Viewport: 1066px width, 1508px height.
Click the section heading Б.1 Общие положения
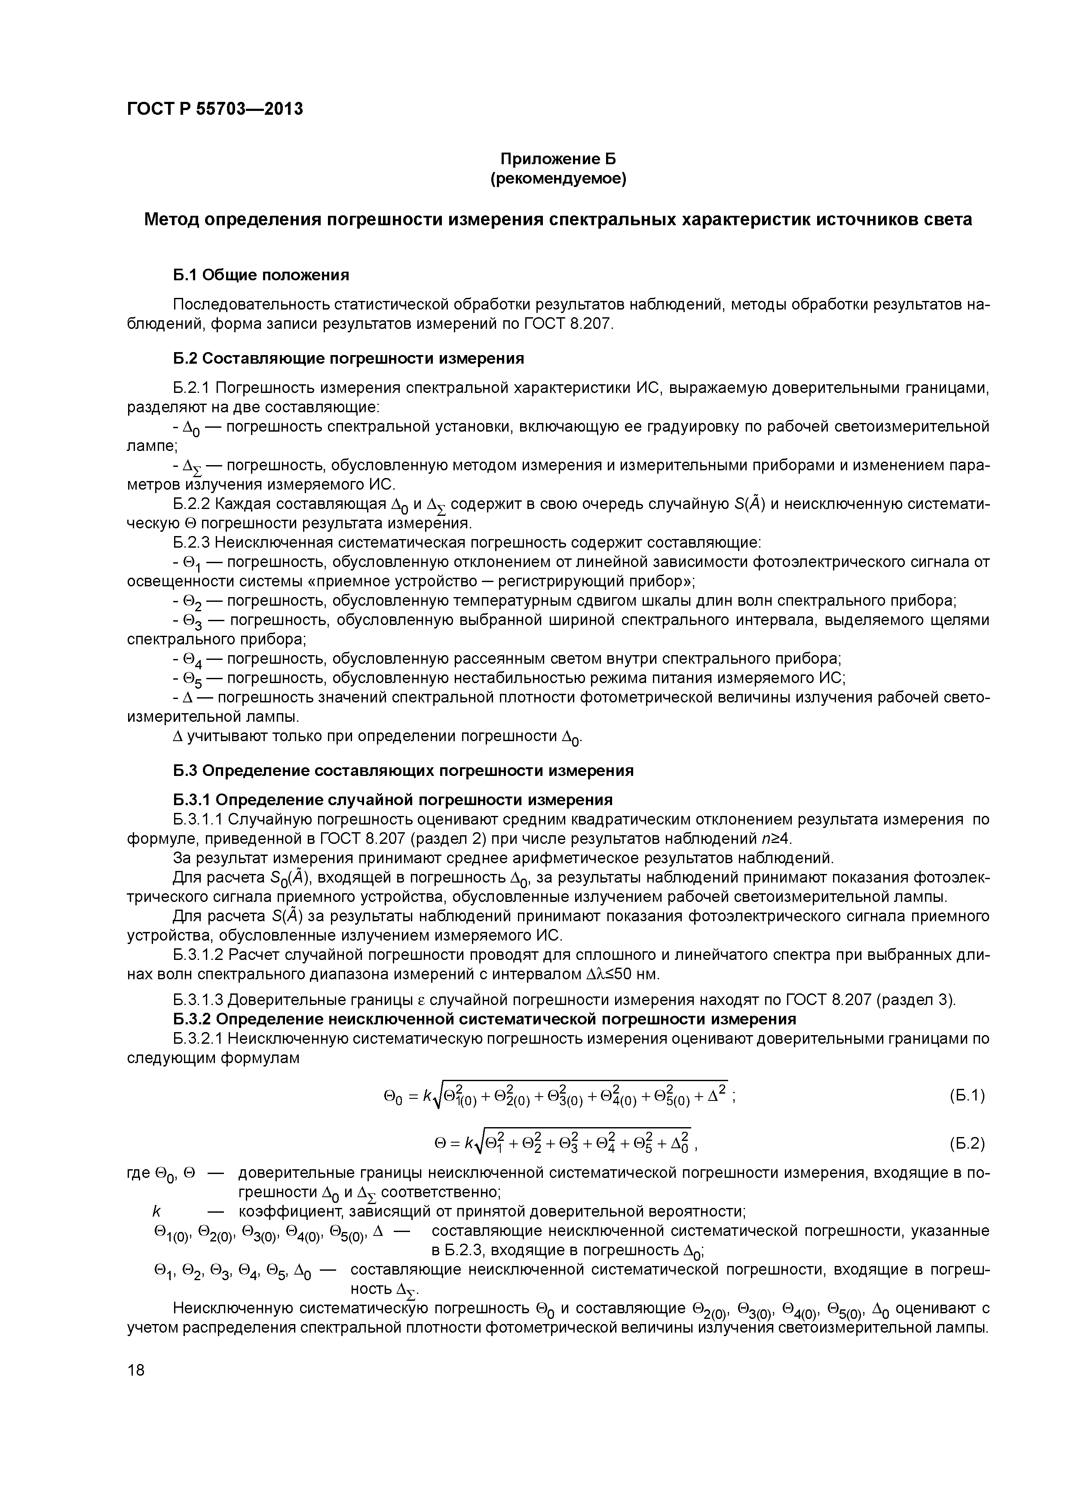tap(261, 275)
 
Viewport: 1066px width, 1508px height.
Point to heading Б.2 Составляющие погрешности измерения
tap(348, 358)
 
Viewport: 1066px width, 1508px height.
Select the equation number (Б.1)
tap(967, 1095)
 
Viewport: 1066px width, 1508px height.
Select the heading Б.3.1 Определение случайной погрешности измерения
tap(393, 799)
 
